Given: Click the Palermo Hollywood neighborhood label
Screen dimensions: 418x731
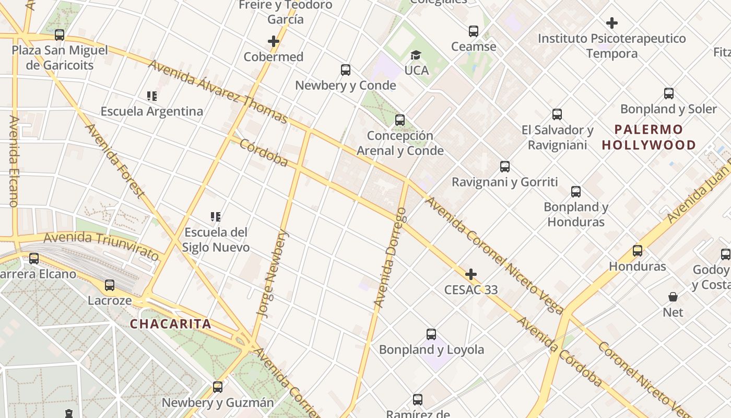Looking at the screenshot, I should coord(649,137).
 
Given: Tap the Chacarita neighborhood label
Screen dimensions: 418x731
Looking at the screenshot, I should coord(170,324).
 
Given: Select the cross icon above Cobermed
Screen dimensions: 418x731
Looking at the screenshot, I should coord(274,41).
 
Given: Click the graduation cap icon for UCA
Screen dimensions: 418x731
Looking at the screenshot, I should coord(416,55).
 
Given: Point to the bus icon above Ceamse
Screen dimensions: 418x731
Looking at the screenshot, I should coord(474,31).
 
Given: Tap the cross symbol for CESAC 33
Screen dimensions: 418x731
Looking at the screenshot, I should coord(471,274).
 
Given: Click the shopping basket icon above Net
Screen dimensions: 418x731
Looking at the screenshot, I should coord(673,297).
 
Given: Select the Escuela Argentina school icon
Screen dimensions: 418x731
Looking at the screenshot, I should coord(152,96).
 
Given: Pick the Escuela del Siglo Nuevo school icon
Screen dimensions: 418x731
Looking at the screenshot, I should coord(216,216).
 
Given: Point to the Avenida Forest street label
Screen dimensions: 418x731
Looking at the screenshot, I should coord(114,160).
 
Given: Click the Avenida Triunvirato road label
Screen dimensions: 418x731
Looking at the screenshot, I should coord(101,246).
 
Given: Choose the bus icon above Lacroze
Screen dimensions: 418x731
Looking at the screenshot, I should coord(110,285).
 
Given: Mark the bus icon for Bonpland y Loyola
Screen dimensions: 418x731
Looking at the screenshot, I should coord(431,334).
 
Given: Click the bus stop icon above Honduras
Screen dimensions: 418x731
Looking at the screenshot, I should coord(638,251).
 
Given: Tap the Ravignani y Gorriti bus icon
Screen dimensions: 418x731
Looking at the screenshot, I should coord(505,167).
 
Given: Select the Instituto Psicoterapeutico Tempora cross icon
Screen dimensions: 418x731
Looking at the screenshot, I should coord(612,23).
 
